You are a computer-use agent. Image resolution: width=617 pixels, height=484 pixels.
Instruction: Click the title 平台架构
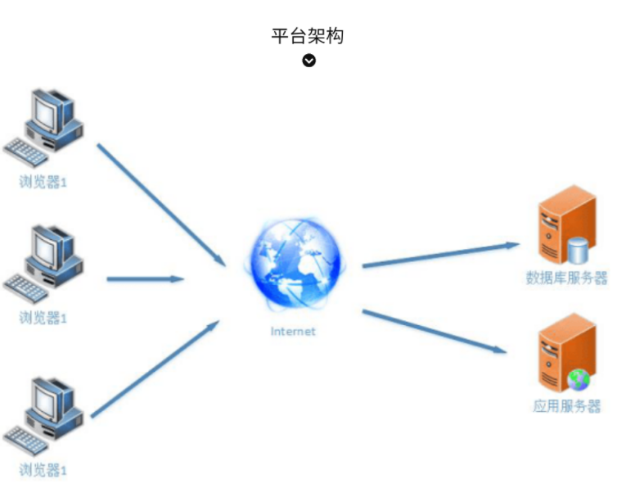click(307, 35)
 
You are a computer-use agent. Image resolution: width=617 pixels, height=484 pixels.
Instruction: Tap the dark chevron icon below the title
click(308, 60)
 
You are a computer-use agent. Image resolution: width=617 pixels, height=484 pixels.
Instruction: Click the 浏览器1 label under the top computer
click(43, 182)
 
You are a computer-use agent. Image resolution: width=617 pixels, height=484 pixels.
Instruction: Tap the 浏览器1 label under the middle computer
click(43, 318)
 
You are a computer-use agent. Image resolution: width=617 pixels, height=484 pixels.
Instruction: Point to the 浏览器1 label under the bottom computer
click(43, 470)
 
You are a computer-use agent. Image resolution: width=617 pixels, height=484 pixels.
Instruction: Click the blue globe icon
click(295, 263)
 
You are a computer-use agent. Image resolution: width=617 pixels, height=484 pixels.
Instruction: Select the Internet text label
click(293, 332)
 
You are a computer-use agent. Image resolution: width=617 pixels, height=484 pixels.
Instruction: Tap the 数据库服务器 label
click(566, 278)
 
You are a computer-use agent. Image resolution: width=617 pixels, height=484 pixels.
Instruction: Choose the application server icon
click(565, 353)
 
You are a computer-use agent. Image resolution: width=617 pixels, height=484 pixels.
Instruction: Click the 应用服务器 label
click(566, 406)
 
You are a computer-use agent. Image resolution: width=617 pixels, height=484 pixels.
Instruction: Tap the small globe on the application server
click(579, 379)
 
